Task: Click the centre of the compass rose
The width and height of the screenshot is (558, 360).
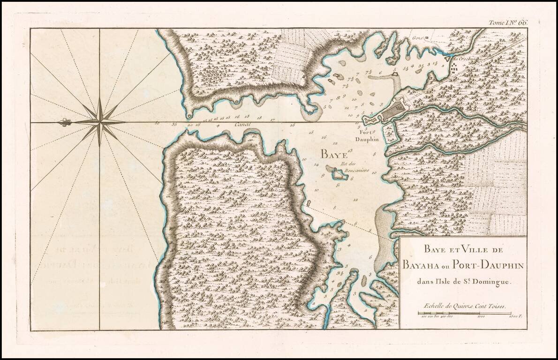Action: pos(99,122)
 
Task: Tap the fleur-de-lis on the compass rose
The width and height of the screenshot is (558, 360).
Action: pos(65,122)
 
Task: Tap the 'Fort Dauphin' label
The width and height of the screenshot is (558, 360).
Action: pos(373,135)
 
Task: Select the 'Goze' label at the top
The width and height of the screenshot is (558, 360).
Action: pos(418,37)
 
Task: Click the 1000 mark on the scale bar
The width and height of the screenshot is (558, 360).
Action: pos(481,317)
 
